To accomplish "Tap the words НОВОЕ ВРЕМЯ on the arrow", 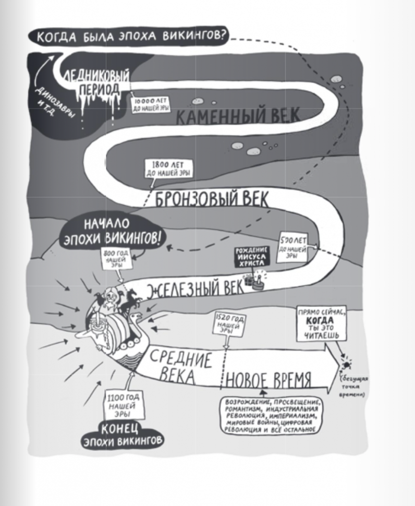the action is [x=269, y=378].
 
